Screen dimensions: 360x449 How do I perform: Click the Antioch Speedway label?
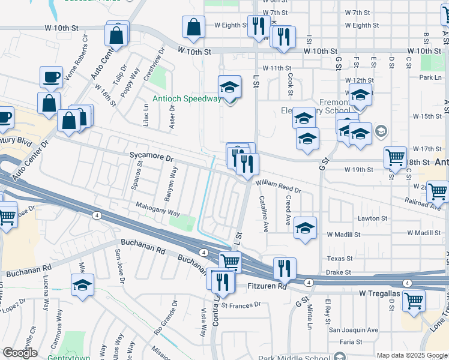coord(186,99)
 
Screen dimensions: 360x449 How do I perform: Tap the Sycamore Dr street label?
coord(151,155)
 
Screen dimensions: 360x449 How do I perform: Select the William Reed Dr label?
coord(277,187)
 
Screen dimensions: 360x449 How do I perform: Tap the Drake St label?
coord(339,272)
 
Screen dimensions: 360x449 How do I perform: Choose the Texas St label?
coord(340,259)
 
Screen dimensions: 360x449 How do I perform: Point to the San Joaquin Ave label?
coord(353,329)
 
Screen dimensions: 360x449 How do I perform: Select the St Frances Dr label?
coord(241,305)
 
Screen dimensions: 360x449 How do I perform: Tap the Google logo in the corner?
coord(20,353)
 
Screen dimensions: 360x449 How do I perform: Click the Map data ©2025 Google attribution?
coord(412,355)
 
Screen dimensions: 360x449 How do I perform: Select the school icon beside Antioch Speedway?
coord(229,89)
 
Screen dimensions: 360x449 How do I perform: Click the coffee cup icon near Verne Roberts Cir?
coord(51,77)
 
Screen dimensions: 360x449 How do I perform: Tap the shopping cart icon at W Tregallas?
coord(414,301)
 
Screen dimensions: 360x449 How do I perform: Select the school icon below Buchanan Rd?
coord(83,286)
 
